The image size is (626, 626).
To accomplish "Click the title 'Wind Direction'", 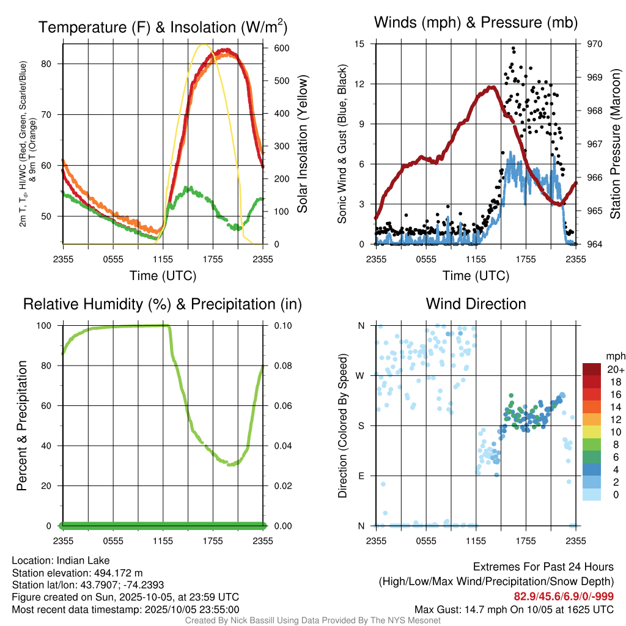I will [476, 304].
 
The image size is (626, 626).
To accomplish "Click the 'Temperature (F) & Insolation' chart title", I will [163, 27].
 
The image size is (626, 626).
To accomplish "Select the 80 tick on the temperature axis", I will [53, 64].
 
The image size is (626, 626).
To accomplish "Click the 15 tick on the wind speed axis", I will [359, 44].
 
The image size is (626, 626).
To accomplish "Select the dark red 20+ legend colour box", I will [591, 369].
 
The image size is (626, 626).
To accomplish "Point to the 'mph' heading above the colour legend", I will [614, 356].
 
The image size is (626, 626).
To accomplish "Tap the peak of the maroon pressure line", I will [491, 87].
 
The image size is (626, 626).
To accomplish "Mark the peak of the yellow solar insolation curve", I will [204, 45].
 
